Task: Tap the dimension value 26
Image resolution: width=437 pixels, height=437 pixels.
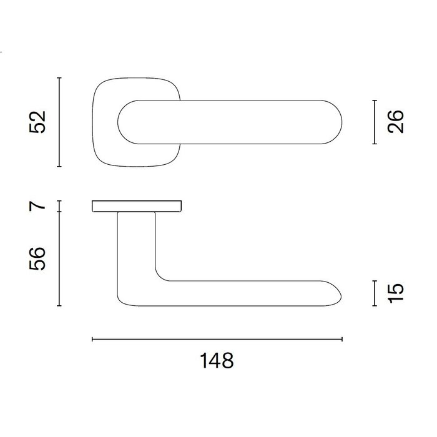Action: (396, 122)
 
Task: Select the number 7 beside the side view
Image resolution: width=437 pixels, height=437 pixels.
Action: (39, 206)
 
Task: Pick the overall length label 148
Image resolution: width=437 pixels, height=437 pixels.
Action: (217, 361)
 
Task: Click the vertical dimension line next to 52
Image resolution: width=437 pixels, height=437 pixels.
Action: (59, 122)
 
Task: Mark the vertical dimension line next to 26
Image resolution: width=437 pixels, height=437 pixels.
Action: (374, 122)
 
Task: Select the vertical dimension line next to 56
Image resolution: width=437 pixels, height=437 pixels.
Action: (59, 258)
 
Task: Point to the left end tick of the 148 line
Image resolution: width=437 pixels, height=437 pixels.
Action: (92, 339)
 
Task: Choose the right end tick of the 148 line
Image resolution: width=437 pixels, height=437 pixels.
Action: (342, 339)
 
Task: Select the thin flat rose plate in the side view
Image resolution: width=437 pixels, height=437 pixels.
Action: (137, 206)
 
